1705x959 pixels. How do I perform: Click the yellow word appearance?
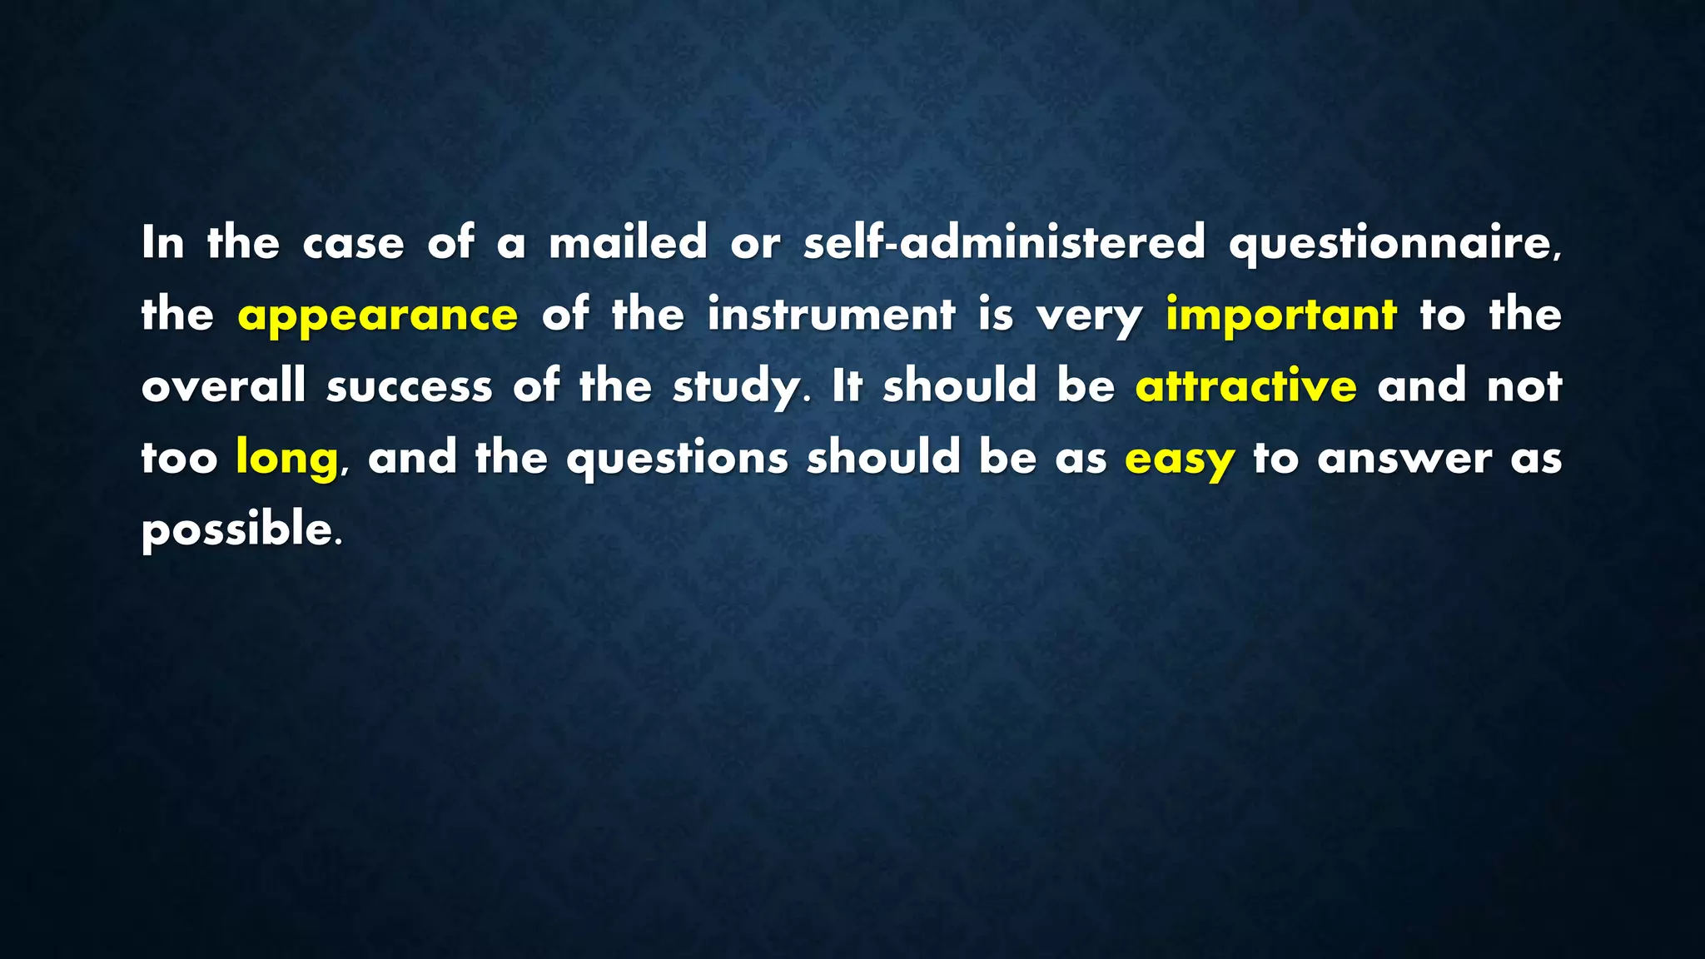tap(377, 316)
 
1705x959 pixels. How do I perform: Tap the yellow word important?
tap(1280, 316)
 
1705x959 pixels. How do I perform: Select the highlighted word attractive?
tap(1245, 386)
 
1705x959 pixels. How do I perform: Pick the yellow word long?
tap(286, 459)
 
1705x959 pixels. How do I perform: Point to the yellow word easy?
tap(1179, 459)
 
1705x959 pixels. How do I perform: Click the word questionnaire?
tap(1394, 243)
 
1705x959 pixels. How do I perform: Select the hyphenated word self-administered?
tap(1003, 243)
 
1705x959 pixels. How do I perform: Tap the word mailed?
tap(628, 243)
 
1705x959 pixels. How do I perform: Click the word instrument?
tap(831, 316)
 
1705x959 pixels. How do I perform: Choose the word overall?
tap(223, 386)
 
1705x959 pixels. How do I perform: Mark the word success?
tap(410, 386)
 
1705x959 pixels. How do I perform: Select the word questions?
tap(677, 459)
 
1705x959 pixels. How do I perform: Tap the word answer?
tap(1404, 459)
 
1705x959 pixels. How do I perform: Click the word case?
tap(353, 243)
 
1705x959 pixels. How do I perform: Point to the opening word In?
tap(162, 243)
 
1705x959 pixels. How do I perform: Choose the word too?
tap(179, 459)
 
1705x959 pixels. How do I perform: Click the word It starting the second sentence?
tap(846, 386)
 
